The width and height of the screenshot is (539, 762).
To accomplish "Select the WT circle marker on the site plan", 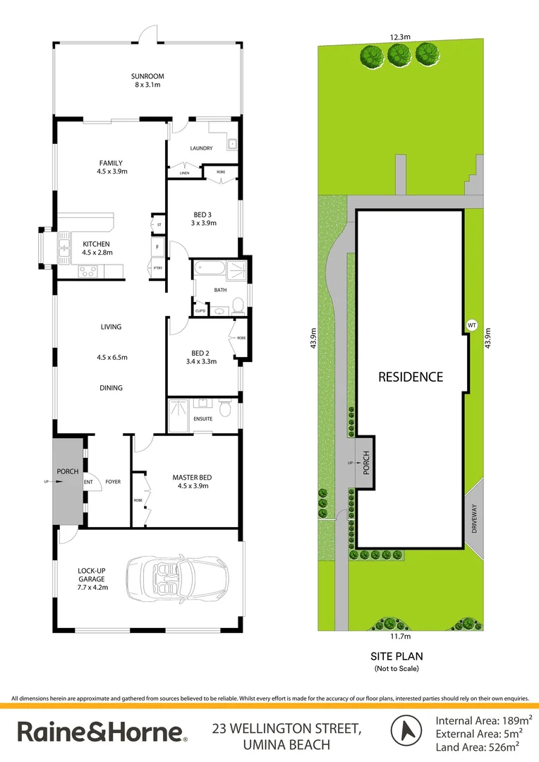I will pyautogui.click(x=472, y=325).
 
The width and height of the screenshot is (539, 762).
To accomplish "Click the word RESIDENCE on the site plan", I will pyautogui.click(x=411, y=377).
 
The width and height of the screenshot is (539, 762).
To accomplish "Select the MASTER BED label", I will pyautogui.click(x=192, y=478).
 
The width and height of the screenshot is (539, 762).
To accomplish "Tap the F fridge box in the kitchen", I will pyautogui.click(x=158, y=248).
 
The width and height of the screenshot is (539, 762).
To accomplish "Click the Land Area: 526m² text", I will pyautogui.click(x=483, y=746).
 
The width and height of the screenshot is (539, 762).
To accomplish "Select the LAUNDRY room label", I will pyautogui.click(x=201, y=148).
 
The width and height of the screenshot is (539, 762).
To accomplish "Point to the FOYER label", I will pyautogui.click(x=113, y=482).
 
